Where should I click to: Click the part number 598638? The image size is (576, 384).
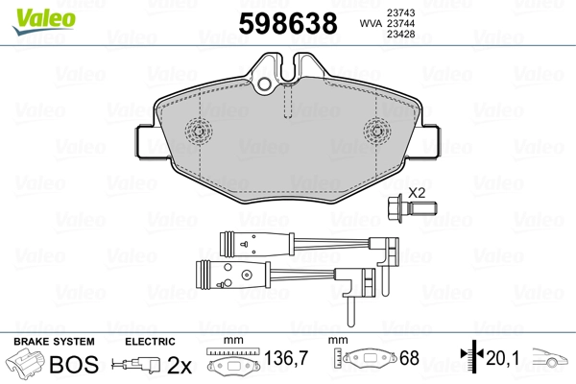(x=288, y=22)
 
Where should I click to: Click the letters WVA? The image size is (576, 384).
(x=369, y=23)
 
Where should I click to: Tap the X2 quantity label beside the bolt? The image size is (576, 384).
(x=416, y=192)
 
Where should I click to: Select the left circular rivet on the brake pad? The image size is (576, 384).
(x=201, y=131)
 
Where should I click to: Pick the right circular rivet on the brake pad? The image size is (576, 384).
(x=379, y=131)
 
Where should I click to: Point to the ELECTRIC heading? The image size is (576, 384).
(x=151, y=342)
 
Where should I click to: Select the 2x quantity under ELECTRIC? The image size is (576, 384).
(x=178, y=364)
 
